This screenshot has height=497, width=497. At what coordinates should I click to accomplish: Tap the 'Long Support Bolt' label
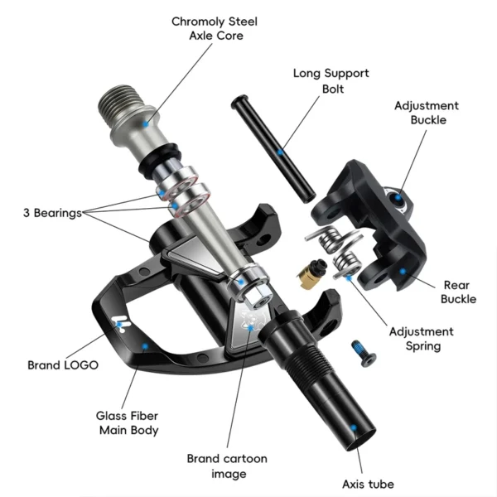tap(331, 80)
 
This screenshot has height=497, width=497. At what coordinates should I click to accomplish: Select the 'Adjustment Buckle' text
tap(427, 113)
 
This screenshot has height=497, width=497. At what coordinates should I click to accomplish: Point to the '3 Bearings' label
tap(52, 213)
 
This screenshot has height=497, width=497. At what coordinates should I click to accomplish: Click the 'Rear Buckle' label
tap(458, 291)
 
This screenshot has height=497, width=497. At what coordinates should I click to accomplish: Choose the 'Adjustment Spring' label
tap(422, 339)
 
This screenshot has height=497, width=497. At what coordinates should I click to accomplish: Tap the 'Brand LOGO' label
tap(63, 364)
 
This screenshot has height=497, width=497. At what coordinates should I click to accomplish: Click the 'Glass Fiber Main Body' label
tap(128, 422)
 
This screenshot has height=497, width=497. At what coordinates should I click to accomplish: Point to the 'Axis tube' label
tap(368, 484)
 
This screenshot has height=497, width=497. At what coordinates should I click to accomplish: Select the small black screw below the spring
tap(363, 351)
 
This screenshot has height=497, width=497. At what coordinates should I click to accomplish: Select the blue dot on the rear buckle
tap(403, 270)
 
